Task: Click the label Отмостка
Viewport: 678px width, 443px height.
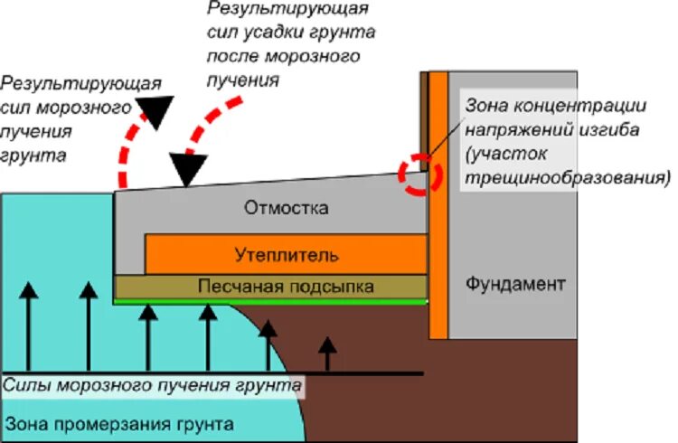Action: (286, 209)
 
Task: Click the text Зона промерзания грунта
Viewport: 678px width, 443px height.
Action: (119, 423)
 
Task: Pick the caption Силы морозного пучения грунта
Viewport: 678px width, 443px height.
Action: (151, 386)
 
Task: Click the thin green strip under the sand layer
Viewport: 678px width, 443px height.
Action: (271, 301)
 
